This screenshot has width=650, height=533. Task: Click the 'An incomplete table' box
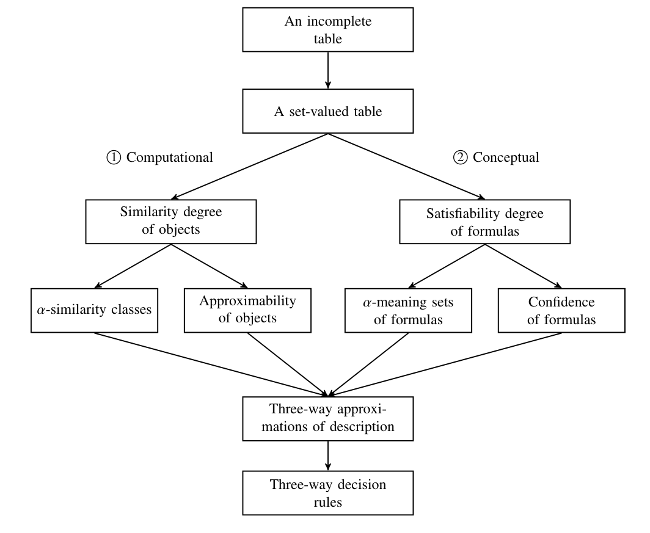pos(328,29)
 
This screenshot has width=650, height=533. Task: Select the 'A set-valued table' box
pos(328,111)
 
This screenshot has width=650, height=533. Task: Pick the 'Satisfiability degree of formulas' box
pos(484,222)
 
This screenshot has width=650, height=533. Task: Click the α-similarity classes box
pos(95,310)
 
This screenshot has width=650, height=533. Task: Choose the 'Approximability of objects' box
pos(248,310)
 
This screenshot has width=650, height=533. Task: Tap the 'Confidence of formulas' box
pos(561,310)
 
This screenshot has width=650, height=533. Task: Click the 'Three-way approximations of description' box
pos(328,418)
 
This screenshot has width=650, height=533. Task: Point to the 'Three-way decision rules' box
pos(328,493)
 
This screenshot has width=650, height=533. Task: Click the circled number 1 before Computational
pos(114,158)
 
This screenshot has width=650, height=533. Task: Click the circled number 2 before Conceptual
pos(459,158)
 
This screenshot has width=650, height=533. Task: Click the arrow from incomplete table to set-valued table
pos(328,70)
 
